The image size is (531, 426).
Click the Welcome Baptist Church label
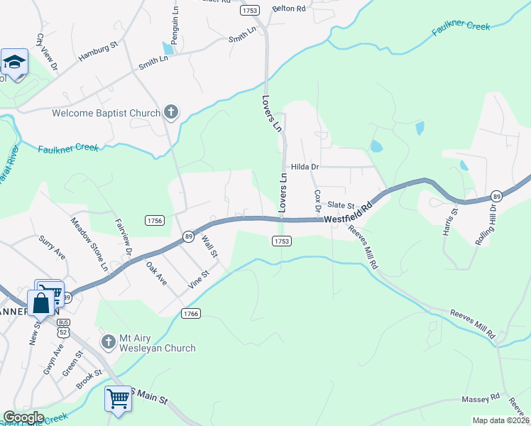coord(106,112)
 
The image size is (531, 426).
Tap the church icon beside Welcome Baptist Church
coord(171,111)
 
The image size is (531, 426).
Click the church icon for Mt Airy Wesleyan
coord(108,342)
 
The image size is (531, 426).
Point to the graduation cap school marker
coord(14,63)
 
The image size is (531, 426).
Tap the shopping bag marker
coord(41,304)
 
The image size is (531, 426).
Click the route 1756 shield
coord(155,221)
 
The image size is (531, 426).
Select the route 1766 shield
coord(190,313)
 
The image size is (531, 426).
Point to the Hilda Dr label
coord(306,167)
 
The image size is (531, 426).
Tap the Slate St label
coord(340,204)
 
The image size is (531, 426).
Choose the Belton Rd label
coord(288,9)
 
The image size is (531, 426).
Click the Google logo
coord(23,417)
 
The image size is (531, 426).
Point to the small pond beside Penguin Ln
coord(168,48)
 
